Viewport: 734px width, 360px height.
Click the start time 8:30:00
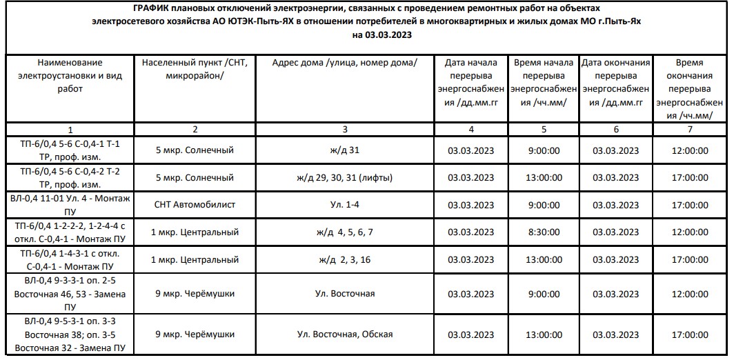544,232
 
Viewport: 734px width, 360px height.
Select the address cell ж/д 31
345,150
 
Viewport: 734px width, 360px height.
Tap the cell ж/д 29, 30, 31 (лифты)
345,177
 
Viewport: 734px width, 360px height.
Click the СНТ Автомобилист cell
195,205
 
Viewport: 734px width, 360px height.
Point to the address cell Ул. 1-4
345,205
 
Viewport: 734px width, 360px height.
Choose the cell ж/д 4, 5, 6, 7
345,232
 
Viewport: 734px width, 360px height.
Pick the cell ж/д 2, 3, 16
345,260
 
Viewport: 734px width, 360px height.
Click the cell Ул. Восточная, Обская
345,334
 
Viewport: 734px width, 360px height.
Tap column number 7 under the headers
690,129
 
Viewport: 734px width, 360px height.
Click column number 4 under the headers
471,129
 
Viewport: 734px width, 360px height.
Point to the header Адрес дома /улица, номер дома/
345,63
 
